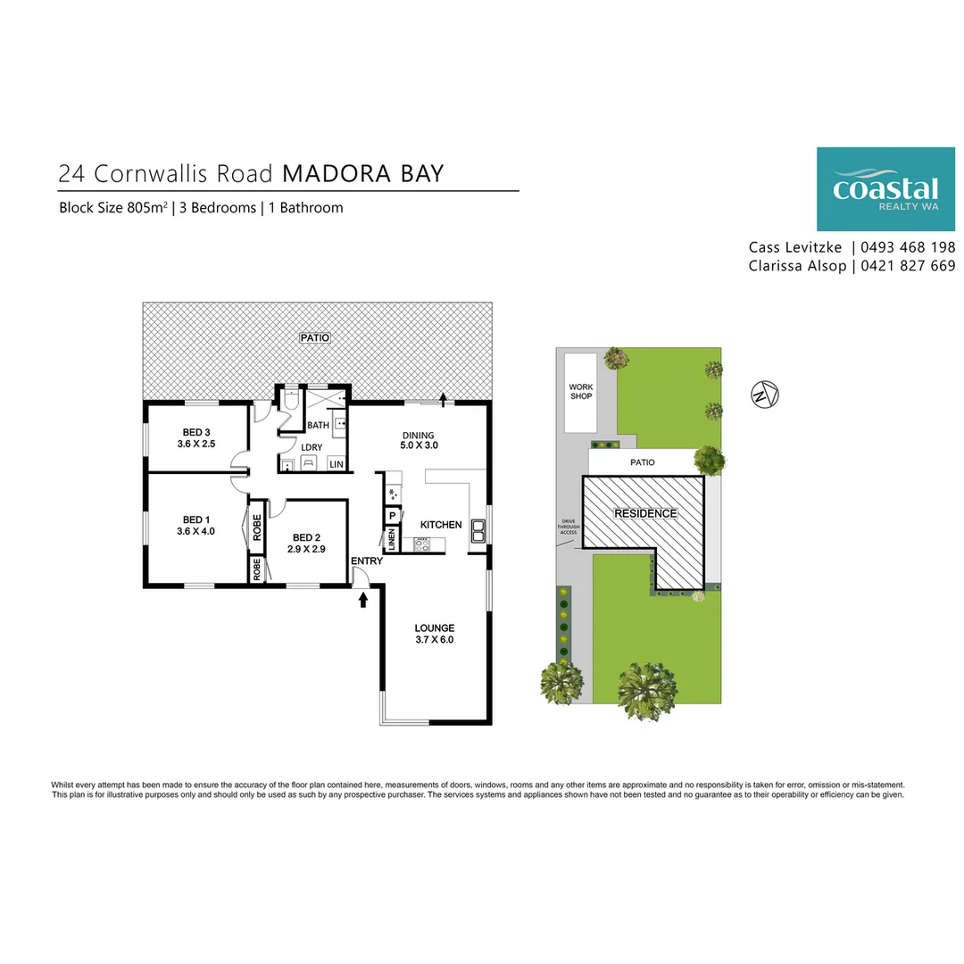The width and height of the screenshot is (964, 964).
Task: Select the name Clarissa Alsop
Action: (797, 266)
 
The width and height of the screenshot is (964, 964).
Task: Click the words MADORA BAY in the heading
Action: (363, 172)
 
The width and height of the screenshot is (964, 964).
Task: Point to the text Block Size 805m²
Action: (113, 208)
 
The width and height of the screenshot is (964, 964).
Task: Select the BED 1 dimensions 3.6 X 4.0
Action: (196, 531)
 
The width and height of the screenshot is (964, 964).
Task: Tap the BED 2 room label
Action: (305, 537)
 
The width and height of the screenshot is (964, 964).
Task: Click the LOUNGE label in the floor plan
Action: (435, 627)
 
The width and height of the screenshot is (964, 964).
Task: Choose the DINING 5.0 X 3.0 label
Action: (419, 439)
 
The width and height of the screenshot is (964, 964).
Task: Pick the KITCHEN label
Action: (441, 525)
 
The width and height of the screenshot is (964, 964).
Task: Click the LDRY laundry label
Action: (312, 447)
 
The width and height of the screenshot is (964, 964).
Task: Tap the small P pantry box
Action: (392, 516)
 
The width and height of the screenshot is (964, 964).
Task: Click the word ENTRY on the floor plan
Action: (367, 561)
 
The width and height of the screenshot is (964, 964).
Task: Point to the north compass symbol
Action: (764, 392)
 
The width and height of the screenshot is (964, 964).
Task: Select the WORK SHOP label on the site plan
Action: (581, 391)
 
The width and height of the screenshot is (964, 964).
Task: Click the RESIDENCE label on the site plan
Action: (645, 513)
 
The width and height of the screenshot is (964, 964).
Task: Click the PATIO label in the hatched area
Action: (316, 338)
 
